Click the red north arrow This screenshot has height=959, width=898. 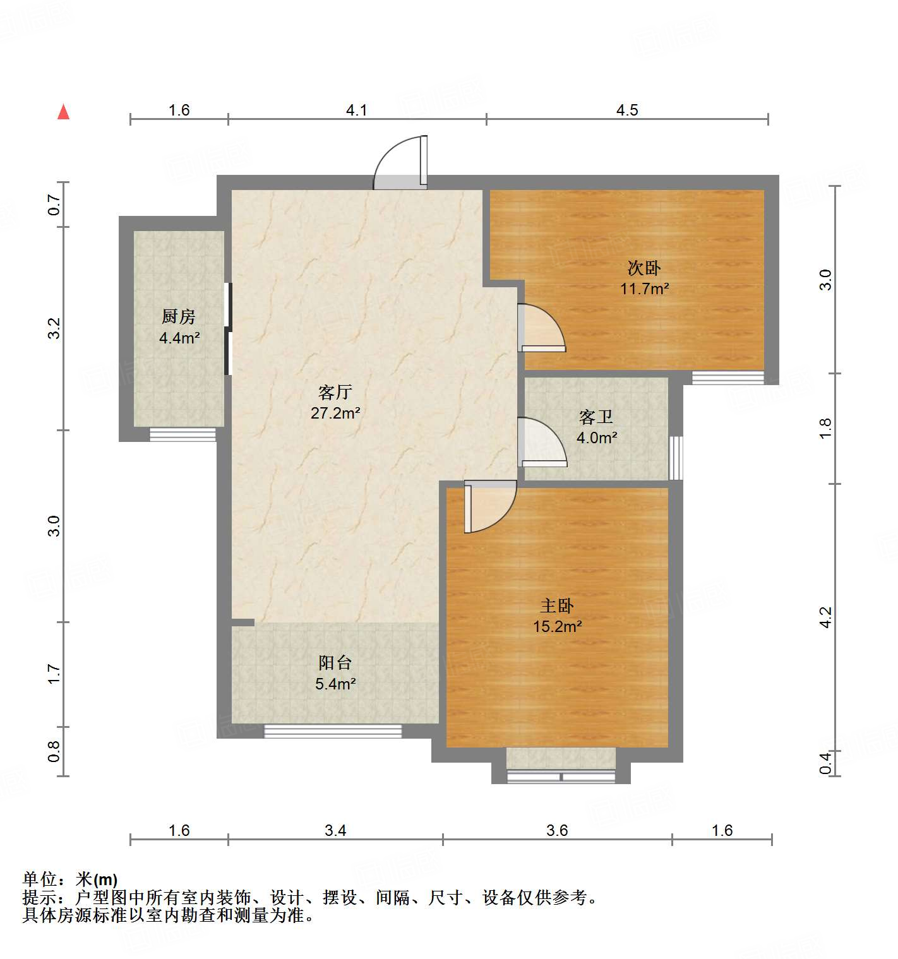pos(63,112)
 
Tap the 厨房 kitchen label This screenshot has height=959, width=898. pos(179,316)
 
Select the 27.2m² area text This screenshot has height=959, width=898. pos(335,413)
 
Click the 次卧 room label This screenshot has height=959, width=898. pos(644,268)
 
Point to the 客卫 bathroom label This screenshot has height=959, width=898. pos(596,417)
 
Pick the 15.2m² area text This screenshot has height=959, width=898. pos(558,626)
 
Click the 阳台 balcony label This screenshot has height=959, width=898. pos(335,662)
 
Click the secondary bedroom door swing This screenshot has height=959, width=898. pos(541,328)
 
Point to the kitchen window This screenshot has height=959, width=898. pos(183,434)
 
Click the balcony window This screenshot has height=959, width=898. pos(333,731)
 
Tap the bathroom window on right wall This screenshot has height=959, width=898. pos(676,457)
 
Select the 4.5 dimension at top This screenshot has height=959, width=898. pos(627,110)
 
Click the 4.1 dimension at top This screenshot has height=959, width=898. pos(357,110)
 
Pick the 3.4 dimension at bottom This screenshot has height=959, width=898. pos(335,830)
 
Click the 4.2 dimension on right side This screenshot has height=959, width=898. pos(825,617)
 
